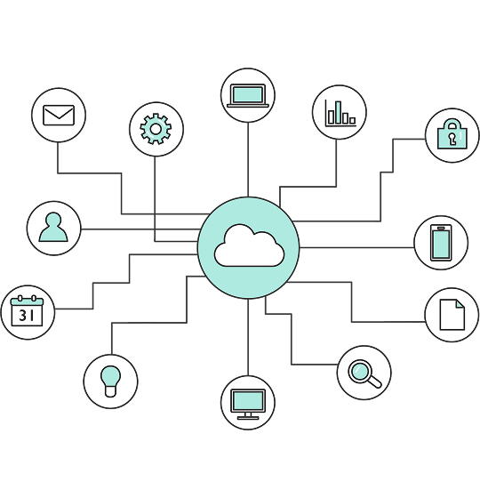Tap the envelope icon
tap(59, 115)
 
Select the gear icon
tap(156, 129)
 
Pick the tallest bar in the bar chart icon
tap(339, 113)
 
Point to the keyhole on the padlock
tap(452, 139)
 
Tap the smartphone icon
tap(441, 243)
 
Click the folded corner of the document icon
tap(460, 304)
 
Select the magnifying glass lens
tap(360, 371)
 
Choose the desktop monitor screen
tap(248, 401)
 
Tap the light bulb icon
tap(111, 382)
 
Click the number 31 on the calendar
tap(27, 316)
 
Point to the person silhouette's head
tap(53, 220)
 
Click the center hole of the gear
tap(156, 129)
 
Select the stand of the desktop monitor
tap(248, 416)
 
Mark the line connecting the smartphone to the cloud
tap(356, 248)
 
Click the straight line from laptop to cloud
tap(248, 160)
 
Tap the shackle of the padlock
tap(452, 124)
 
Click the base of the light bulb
tap(110, 391)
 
